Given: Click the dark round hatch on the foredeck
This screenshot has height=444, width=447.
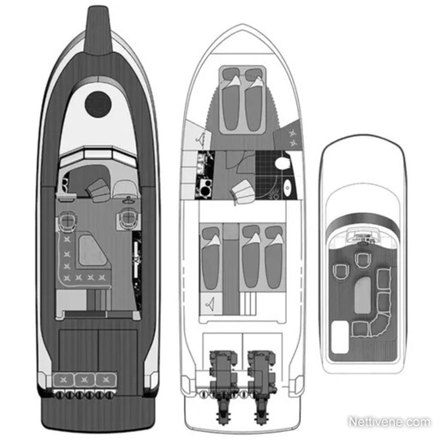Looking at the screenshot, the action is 98,104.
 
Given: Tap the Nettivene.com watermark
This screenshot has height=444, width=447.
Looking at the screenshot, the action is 390,422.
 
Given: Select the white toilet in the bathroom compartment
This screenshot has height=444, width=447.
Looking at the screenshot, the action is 283,163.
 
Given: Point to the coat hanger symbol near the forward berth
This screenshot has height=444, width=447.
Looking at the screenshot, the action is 200,138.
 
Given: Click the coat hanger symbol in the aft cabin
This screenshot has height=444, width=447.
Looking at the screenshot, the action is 211,305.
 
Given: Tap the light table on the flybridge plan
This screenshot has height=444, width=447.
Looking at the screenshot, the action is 362,295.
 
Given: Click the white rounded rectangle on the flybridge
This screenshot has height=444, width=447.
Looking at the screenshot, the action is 340,337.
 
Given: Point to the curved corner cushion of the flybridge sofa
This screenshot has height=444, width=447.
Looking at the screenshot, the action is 379,324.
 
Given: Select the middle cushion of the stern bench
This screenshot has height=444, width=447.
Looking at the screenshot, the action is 85,380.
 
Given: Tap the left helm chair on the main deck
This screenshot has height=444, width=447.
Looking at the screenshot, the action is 67,220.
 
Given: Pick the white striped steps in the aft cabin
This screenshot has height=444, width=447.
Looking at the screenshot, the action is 247,304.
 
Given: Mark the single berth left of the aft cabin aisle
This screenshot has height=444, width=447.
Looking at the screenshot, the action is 211,258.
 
